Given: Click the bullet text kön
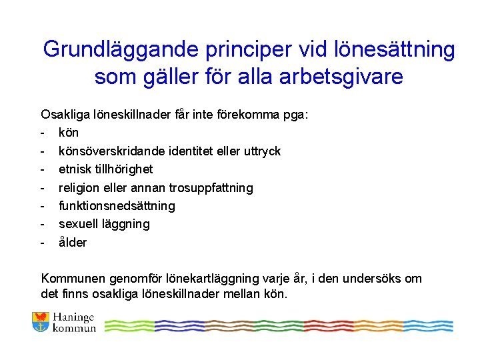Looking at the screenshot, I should click(x=69, y=133).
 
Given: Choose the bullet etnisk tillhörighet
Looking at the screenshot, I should click(x=105, y=169).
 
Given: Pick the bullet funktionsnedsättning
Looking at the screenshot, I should click(x=117, y=206).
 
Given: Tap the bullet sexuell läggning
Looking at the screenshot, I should click(x=104, y=224).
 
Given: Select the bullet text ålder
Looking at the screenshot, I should click(x=73, y=243).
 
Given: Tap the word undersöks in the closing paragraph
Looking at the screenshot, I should click(x=380, y=279).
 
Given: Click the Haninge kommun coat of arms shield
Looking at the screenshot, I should click(x=41, y=322).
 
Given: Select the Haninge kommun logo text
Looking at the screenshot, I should click(x=74, y=323).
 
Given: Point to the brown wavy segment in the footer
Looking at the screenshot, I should click(x=222, y=325).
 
